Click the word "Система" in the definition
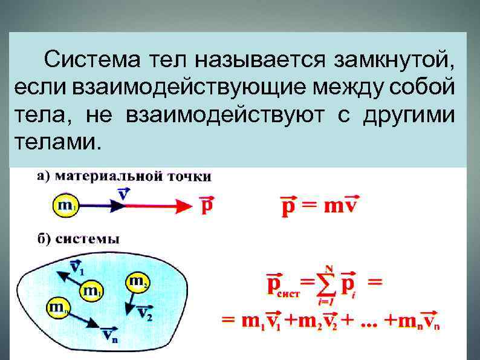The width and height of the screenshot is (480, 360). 87,60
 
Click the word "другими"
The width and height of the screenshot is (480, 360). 407,115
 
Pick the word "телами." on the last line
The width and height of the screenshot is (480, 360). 54,142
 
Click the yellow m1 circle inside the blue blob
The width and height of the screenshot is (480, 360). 92,292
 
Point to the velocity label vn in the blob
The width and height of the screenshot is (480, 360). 109,335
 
